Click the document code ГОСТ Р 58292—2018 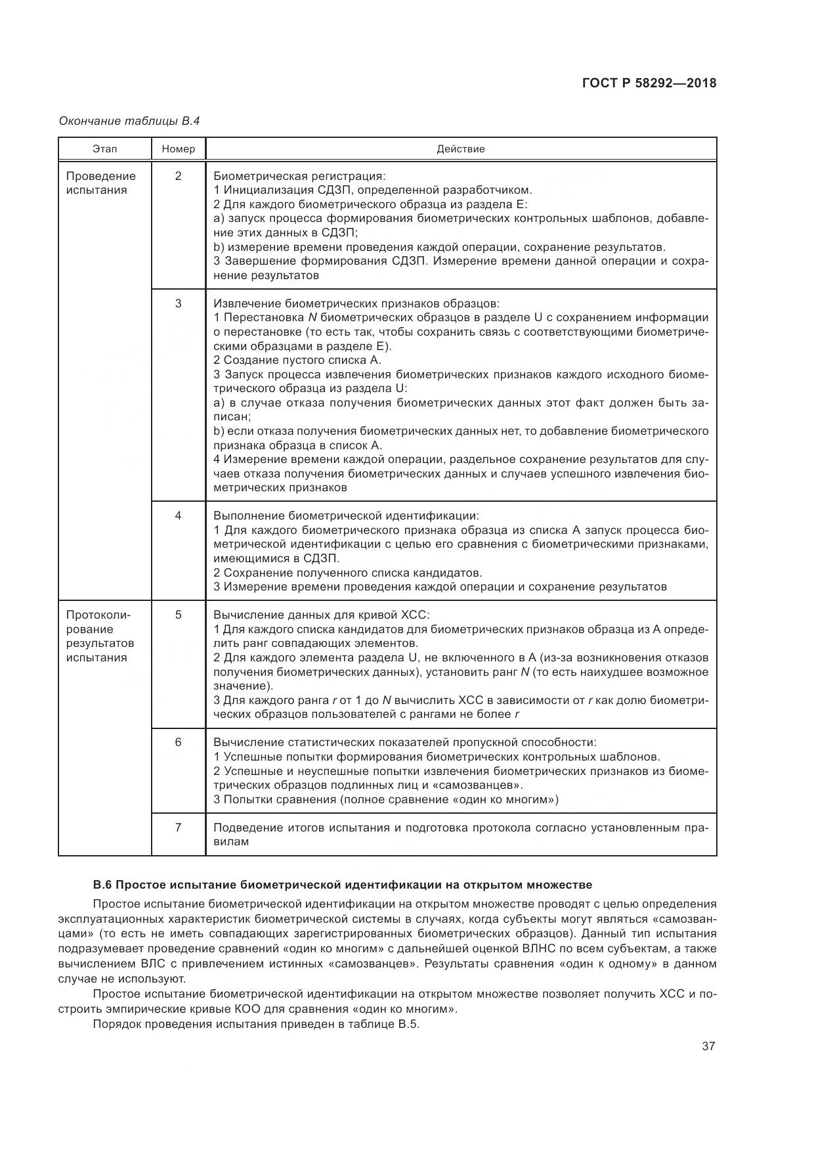tap(649, 83)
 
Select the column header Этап tap(105, 149)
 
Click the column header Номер tap(179, 149)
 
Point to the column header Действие tap(461, 149)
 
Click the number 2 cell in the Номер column tap(179, 176)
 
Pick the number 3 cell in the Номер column tap(179, 303)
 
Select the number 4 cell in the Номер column tap(179, 516)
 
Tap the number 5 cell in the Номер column tap(179, 615)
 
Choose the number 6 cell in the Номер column tap(179, 742)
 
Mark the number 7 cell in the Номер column tap(179, 827)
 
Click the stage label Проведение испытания tap(100, 183)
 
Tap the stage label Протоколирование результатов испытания tap(100, 636)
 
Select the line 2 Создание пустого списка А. tap(297, 360)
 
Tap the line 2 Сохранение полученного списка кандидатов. tap(348, 573)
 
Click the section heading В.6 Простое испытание tap(343, 885)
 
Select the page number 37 tap(708, 1046)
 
